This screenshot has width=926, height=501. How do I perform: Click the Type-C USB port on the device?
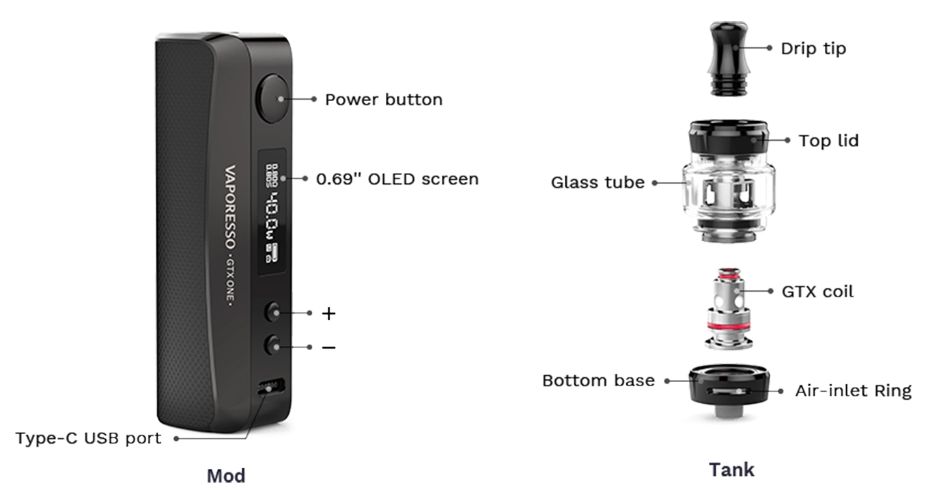click(x=271, y=388)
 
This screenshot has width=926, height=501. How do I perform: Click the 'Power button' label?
click(x=383, y=100)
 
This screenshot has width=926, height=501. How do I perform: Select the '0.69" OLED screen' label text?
click(x=397, y=179)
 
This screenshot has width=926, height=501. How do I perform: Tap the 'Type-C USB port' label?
click(x=89, y=438)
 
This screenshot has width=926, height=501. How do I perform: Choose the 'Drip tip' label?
click(x=813, y=49)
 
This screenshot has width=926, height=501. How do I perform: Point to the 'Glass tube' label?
click(x=598, y=183)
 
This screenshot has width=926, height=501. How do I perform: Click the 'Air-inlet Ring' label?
click(x=853, y=391)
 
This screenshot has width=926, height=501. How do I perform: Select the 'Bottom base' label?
click(x=598, y=380)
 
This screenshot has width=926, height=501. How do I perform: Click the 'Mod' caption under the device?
click(x=226, y=476)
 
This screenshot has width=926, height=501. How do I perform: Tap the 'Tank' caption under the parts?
click(x=731, y=470)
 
